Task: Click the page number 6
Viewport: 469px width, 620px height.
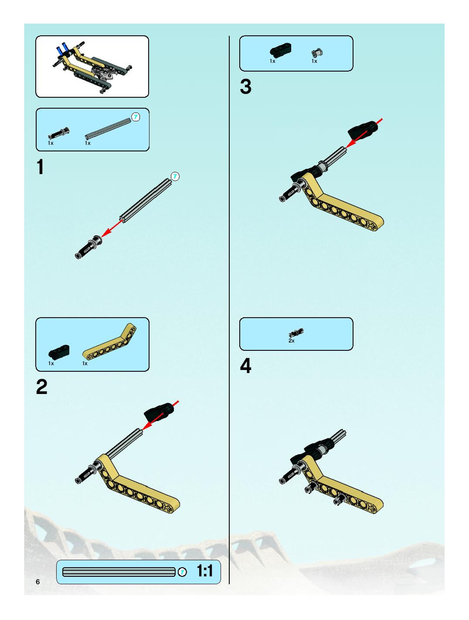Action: (x=38, y=582)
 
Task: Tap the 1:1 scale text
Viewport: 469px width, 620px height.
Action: (x=205, y=571)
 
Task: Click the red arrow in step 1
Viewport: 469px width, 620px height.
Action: (x=112, y=228)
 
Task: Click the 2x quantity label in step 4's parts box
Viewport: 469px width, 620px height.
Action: (x=291, y=341)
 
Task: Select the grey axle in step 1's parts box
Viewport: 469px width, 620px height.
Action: (x=108, y=129)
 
